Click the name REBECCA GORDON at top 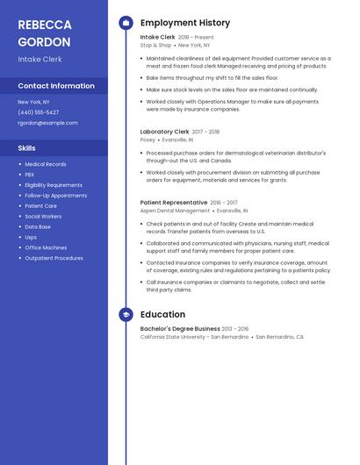[x=46, y=32]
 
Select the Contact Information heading [x=56, y=86]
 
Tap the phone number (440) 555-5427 [x=39, y=112]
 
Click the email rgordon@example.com [x=47, y=123]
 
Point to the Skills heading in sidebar [x=27, y=148]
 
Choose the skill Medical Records [x=46, y=164]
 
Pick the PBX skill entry [x=31, y=175]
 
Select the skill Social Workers [x=43, y=216]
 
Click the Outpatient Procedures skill [x=54, y=258]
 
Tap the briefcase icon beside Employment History [x=126, y=23]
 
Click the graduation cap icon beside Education [x=126, y=314]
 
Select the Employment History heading [x=185, y=23]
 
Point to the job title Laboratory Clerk [x=164, y=132]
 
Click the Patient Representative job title [x=174, y=203]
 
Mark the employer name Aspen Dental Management [x=175, y=211]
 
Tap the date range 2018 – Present [x=196, y=38]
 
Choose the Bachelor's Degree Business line [x=180, y=329]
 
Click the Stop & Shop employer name [x=155, y=45]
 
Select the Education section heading [x=162, y=314]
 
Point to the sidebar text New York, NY [x=33, y=102]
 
